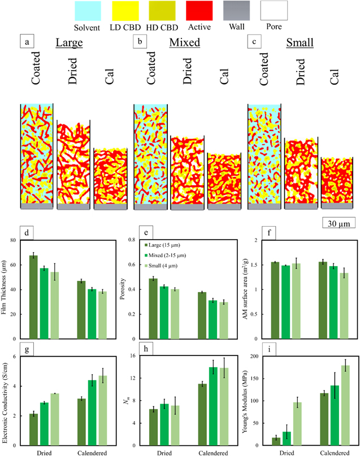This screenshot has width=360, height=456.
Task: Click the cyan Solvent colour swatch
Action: [87, 11]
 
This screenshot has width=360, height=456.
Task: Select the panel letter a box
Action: [25, 41]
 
